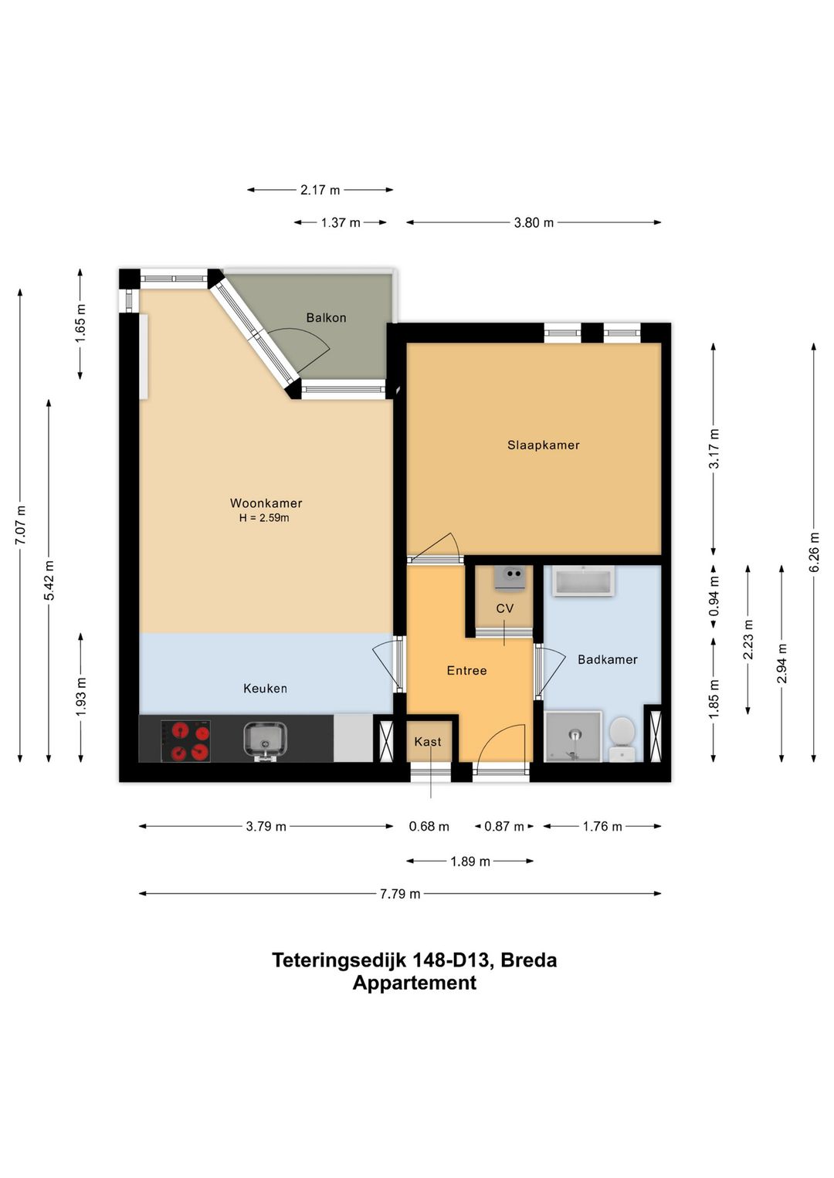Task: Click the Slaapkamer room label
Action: pos(543,445)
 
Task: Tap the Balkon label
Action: pos(326,317)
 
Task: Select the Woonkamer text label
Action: pos(266,503)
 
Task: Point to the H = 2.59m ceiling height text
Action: pos(264,518)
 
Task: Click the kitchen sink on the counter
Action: pos(265,740)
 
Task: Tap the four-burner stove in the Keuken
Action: pos(186,740)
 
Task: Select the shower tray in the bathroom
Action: pos(573,736)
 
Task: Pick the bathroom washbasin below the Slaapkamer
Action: pos(584,581)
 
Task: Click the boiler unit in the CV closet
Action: pos(510,577)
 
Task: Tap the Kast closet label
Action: pos(428,742)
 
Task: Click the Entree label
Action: pos(466,671)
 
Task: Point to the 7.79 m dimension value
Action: pos(400,894)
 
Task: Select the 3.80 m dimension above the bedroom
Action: pos(534,222)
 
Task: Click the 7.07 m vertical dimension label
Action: pos(20,526)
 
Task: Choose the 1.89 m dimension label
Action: pos(470,861)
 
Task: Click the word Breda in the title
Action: pos(528,960)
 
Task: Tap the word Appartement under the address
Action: pos(415,983)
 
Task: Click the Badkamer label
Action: pos(607,659)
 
